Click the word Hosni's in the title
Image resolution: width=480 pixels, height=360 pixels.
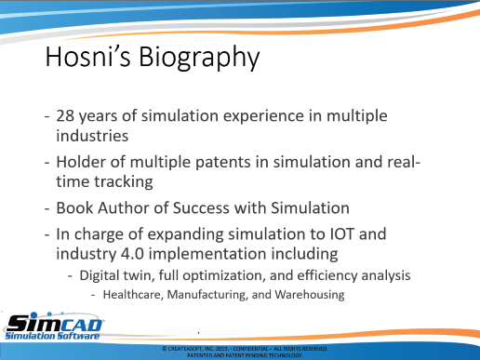(x=88, y=57)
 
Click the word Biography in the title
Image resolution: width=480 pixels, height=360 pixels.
(x=199, y=59)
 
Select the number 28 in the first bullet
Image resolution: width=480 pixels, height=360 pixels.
(x=65, y=116)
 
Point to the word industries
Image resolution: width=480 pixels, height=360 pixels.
(x=92, y=136)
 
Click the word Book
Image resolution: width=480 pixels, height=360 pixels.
(x=74, y=207)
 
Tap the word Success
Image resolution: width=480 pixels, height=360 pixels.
(x=201, y=207)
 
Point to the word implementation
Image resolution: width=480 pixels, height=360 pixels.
(x=207, y=255)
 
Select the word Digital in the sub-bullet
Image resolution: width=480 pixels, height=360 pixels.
(x=98, y=275)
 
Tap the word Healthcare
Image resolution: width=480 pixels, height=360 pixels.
(x=133, y=295)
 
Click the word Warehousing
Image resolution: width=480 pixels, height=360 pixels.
(x=310, y=295)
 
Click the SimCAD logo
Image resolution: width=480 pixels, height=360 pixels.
(x=53, y=327)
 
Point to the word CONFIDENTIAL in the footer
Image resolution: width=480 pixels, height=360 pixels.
(x=250, y=349)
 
